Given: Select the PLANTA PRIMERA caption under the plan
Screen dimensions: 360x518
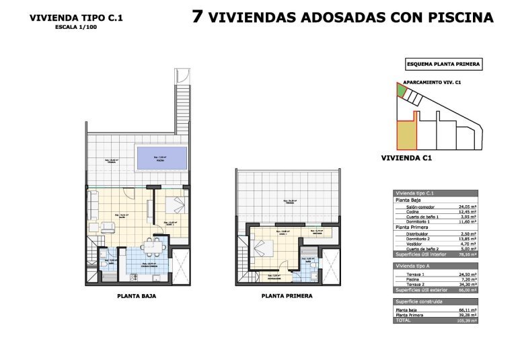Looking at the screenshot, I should tap(289, 295).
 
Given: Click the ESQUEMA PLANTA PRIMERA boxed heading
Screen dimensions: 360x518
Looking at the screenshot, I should tap(443, 65).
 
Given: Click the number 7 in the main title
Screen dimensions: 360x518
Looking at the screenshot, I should tap(197, 17).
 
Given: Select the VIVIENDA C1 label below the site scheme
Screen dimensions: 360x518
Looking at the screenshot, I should tap(406, 159).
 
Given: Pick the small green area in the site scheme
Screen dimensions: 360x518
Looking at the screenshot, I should tap(401, 89).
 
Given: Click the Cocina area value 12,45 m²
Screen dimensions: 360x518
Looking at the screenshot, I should tap(468, 212).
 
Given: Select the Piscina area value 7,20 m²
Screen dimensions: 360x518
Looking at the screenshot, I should tap(468, 281).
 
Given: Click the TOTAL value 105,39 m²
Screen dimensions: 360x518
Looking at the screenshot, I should tap(467, 321).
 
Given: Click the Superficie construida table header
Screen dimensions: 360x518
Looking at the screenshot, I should tap(418, 301).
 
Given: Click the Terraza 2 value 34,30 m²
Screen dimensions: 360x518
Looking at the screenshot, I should tap(468, 285).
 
